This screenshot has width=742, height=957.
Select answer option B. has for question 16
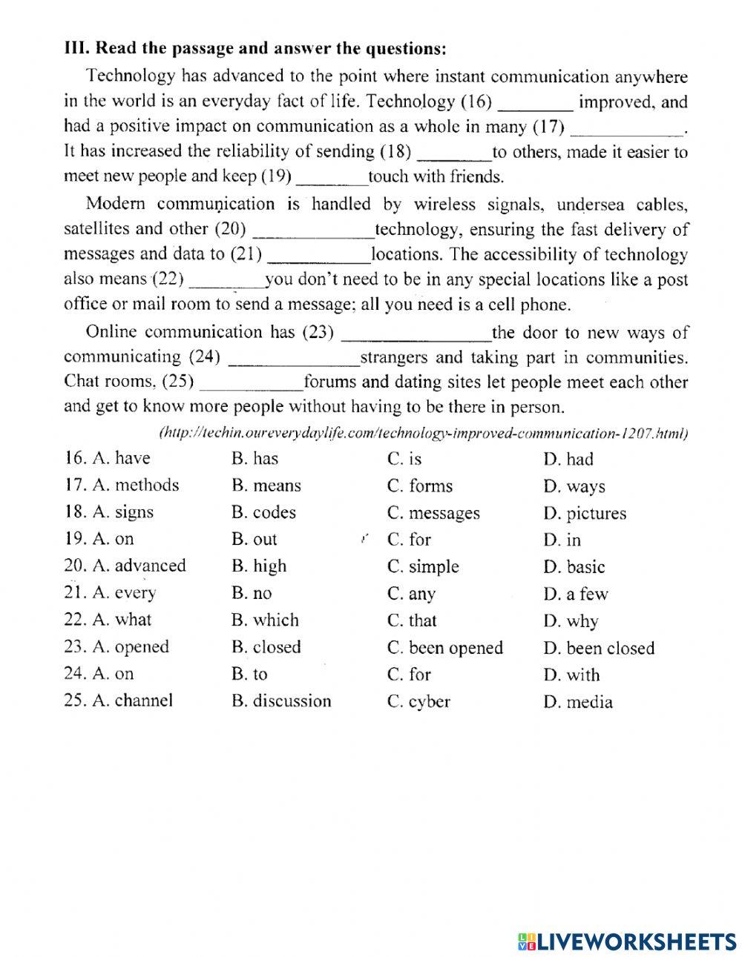[255, 459]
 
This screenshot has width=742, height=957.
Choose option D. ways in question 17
[574, 487]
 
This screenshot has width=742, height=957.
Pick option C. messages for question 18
[433, 513]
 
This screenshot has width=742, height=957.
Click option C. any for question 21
[411, 594]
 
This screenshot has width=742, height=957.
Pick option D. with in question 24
[571, 675]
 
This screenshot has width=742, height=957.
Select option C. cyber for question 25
[418, 702]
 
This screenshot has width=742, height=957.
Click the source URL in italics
[423, 433]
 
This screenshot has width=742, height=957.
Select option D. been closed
[599, 649]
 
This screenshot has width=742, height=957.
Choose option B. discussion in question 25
[281, 701]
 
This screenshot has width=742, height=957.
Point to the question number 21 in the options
[75, 594]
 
